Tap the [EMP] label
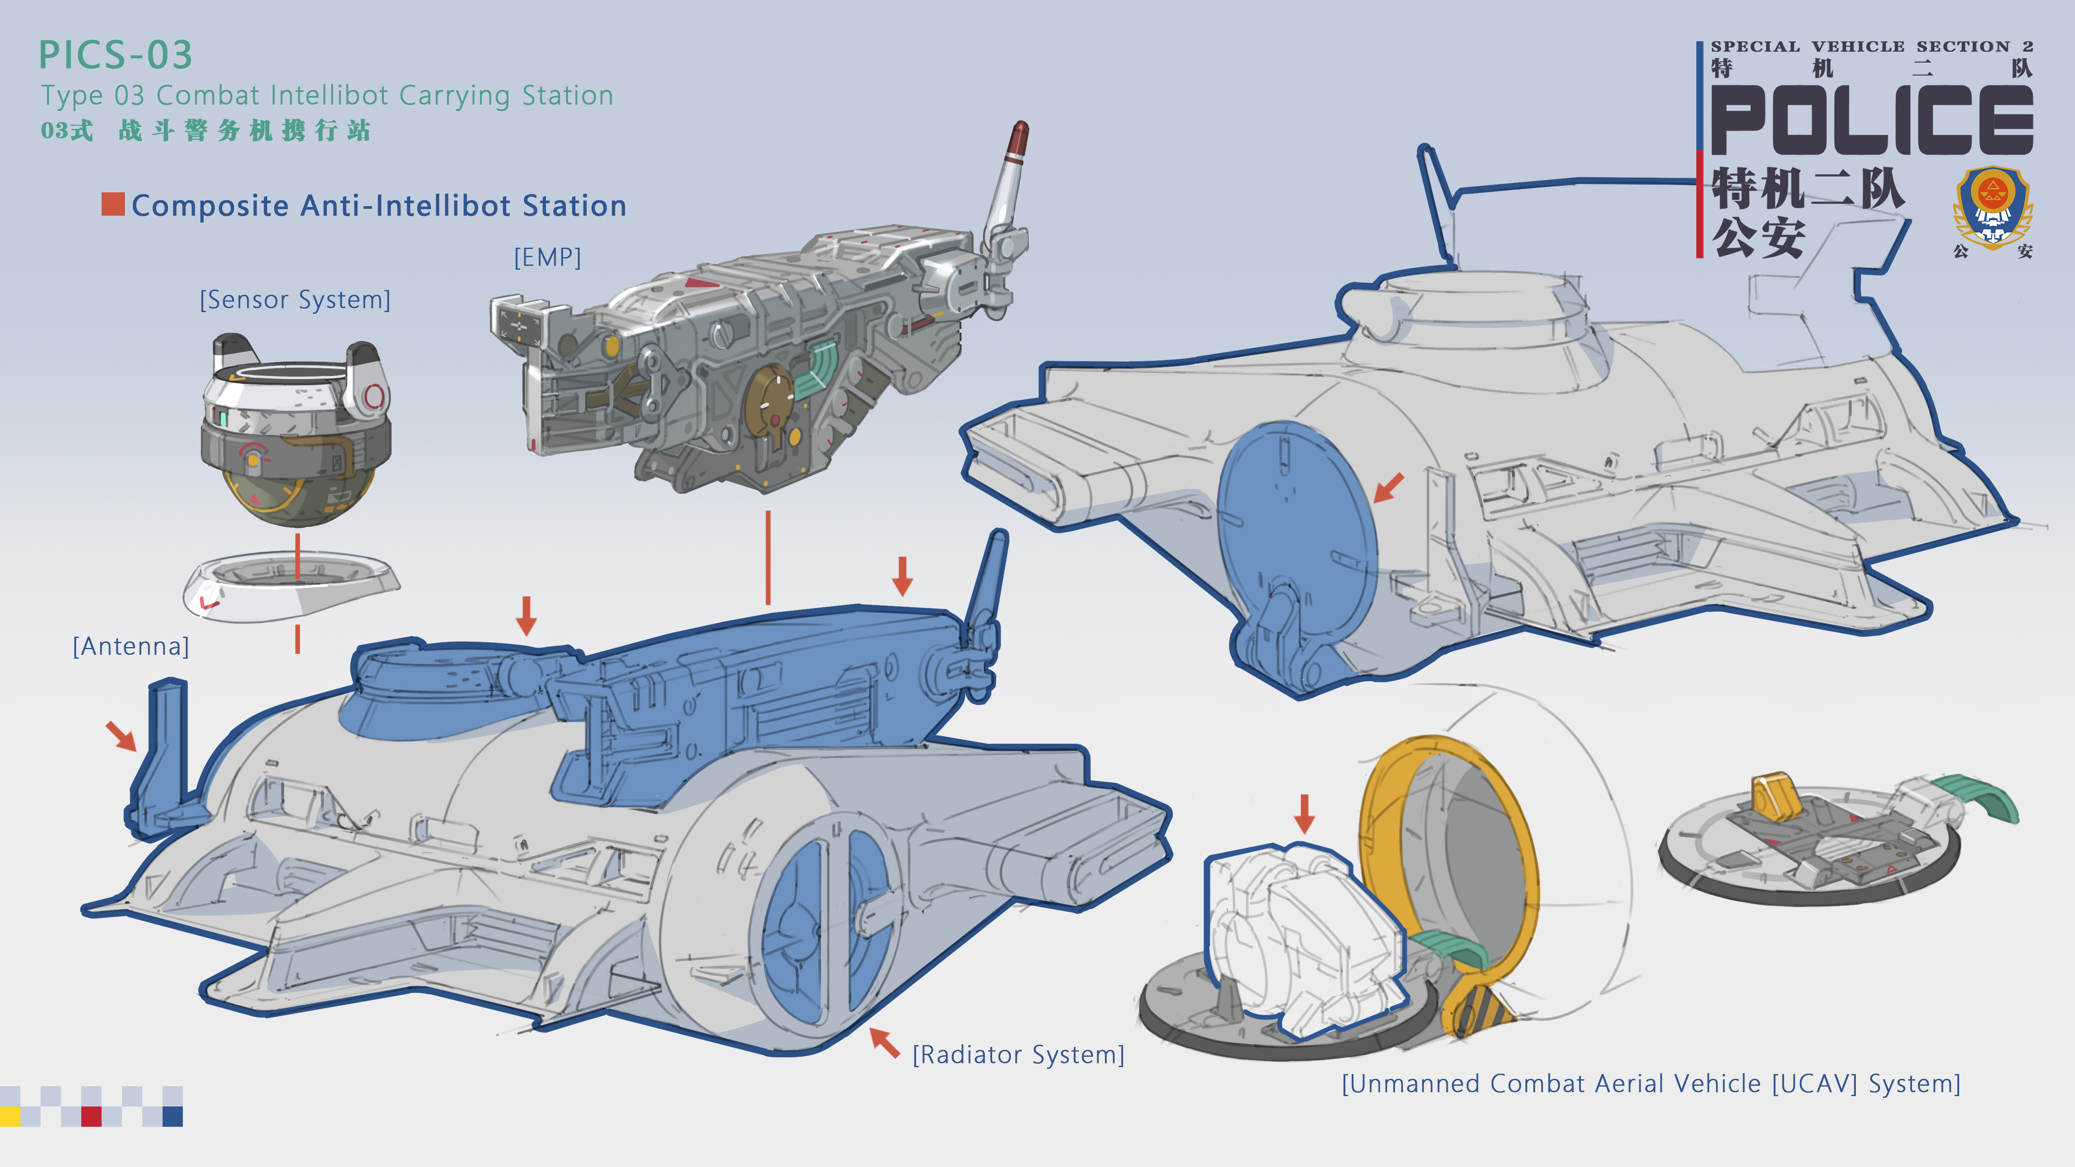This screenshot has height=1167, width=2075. pos(548,258)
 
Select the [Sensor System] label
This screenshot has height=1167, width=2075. pos(295,300)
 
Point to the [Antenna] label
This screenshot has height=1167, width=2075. pos(131,646)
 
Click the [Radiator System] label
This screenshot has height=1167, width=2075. pos(1018,1054)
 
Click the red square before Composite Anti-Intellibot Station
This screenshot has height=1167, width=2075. pos(113,204)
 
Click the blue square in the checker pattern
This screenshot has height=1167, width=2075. pos(172,1116)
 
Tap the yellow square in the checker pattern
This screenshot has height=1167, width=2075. pos(10,1116)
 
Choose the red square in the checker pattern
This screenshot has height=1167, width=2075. pos(91,1116)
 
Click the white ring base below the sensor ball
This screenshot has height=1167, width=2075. pos(290,587)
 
